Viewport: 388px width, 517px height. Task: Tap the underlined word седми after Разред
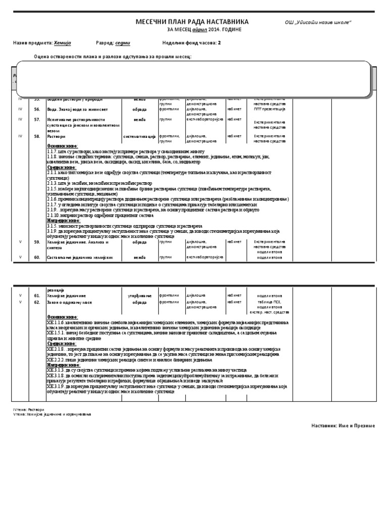(x=122, y=43)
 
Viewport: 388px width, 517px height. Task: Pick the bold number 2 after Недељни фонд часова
(x=219, y=43)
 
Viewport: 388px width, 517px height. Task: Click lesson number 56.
(x=37, y=109)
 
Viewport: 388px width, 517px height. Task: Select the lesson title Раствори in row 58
(x=56, y=136)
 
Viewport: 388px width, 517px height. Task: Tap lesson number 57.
(x=37, y=119)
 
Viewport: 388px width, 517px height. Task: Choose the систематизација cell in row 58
(x=139, y=136)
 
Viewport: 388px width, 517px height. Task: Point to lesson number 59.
(x=37, y=242)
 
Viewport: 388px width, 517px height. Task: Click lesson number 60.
(x=37, y=257)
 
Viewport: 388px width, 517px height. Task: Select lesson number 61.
(x=37, y=295)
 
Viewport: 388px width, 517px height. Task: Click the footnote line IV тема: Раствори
(x=28, y=409)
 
